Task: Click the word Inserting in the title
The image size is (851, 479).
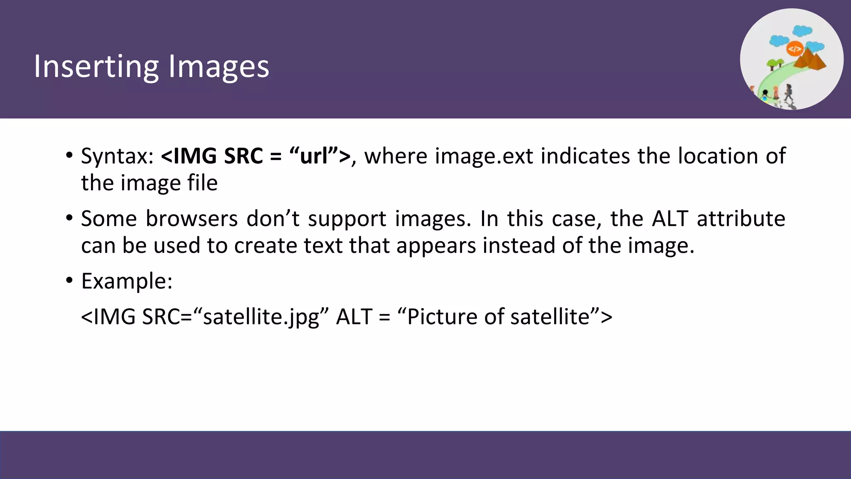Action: tap(96, 67)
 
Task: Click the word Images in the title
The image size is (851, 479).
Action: tap(219, 67)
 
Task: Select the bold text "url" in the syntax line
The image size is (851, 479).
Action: tap(314, 156)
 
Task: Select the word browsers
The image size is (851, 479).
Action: tap(192, 219)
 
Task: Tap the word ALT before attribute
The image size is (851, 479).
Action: tap(670, 219)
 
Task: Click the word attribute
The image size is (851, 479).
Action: tap(741, 219)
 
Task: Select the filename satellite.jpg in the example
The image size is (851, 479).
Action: tap(261, 317)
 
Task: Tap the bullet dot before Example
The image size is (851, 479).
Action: tap(69, 281)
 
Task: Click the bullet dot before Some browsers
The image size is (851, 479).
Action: tap(69, 218)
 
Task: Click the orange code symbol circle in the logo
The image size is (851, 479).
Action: tap(794, 49)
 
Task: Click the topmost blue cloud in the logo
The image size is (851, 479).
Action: tap(802, 30)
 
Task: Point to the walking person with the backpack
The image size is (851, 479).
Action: tap(788, 92)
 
